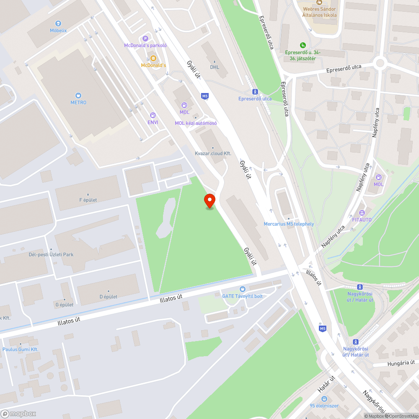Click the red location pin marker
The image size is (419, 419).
[209, 201]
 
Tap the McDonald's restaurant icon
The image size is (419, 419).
[153, 58]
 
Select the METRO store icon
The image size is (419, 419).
[78, 96]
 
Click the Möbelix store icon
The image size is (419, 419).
[58, 23]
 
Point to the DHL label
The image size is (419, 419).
[215, 67]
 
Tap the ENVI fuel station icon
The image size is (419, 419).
[153, 115]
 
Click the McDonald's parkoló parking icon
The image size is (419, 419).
[145, 38]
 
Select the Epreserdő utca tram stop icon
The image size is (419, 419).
[254, 92]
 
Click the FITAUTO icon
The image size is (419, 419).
[362, 212]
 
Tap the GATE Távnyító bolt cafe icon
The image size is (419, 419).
[242, 289]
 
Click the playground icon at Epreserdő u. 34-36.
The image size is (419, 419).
[302, 45]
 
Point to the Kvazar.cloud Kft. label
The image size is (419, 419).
[213, 153]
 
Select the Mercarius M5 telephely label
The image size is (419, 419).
[288, 224]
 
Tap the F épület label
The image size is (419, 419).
[88, 200]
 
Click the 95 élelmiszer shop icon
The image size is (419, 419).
[324, 398]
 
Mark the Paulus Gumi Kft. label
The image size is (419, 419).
[20, 349]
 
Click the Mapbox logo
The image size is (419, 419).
[18, 414]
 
